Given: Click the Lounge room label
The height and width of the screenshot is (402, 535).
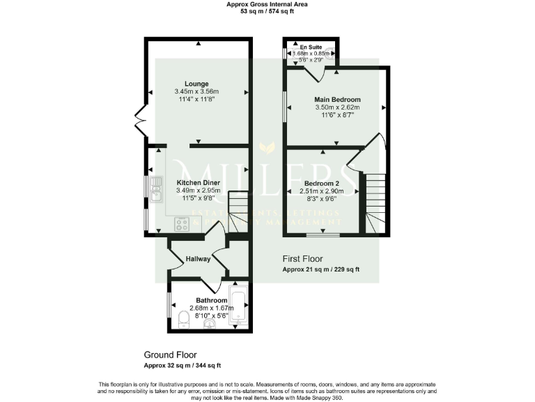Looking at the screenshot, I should [197, 84].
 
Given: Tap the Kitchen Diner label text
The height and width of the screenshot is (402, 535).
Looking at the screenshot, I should [196, 183].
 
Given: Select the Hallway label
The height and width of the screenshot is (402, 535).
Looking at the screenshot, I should [198, 260].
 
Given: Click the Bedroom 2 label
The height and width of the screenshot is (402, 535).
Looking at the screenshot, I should [323, 183].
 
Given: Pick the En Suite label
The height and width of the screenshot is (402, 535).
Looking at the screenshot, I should [310, 47].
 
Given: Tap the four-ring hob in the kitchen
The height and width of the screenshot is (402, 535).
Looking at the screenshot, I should [182, 225].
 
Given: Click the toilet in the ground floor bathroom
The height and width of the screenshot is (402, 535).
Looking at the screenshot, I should [183, 320].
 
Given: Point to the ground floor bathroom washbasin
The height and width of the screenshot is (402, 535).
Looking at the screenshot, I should [209, 322].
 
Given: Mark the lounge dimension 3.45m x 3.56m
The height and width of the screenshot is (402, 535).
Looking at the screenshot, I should [197, 91].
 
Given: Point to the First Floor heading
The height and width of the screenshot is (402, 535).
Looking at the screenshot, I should [302, 259].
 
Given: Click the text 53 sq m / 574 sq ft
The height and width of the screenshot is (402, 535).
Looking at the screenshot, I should [267, 11].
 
